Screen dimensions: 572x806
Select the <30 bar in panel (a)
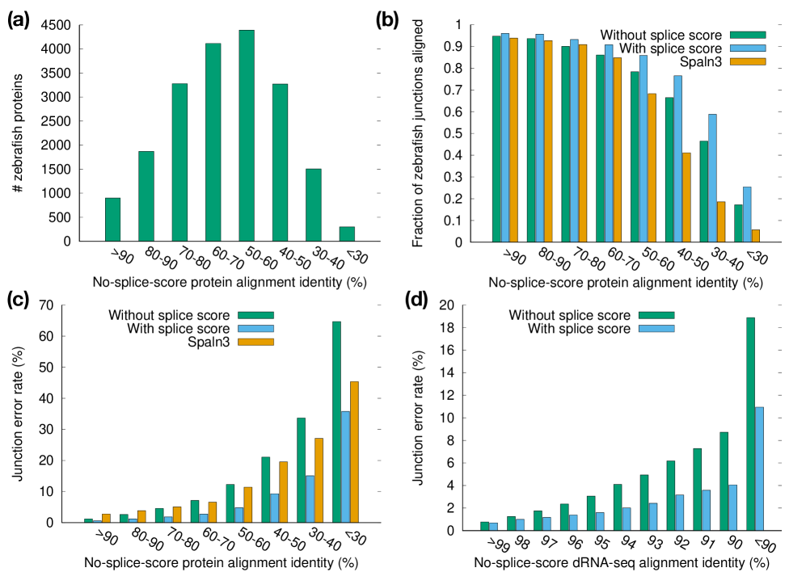[x=347, y=233]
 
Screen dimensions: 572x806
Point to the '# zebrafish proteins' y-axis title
[x=17, y=133]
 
